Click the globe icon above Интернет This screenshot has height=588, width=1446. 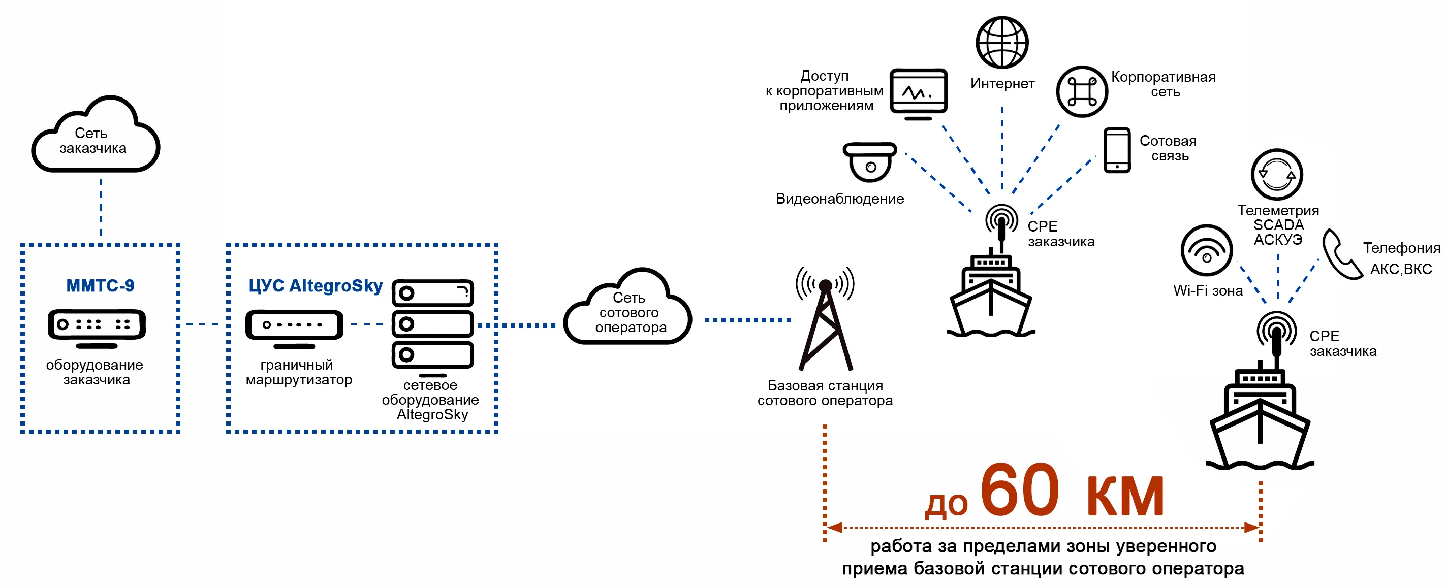(x=1001, y=42)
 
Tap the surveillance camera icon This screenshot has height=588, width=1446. (x=869, y=161)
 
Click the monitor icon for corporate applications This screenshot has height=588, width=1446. (x=918, y=93)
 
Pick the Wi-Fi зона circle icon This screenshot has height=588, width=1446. (x=1206, y=250)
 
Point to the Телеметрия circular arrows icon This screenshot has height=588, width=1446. (x=1276, y=175)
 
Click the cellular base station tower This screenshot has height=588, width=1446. (x=825, y=320)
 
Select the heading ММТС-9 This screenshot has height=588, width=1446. (x=100, y=285)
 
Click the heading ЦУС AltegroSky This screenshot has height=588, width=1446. (x=316, y=285)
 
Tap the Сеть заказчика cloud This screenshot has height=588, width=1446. (x=95, y=138)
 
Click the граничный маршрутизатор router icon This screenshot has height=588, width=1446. (x=294, y=326)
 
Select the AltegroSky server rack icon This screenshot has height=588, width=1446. (x=433, y=325)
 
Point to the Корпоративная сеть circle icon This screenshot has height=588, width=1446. (x=1082, y=92)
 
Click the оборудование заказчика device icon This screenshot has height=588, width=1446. (x=97, y=326)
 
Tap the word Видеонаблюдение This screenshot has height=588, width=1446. (x=840, y=199)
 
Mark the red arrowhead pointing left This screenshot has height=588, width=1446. (x=835, y=528)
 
